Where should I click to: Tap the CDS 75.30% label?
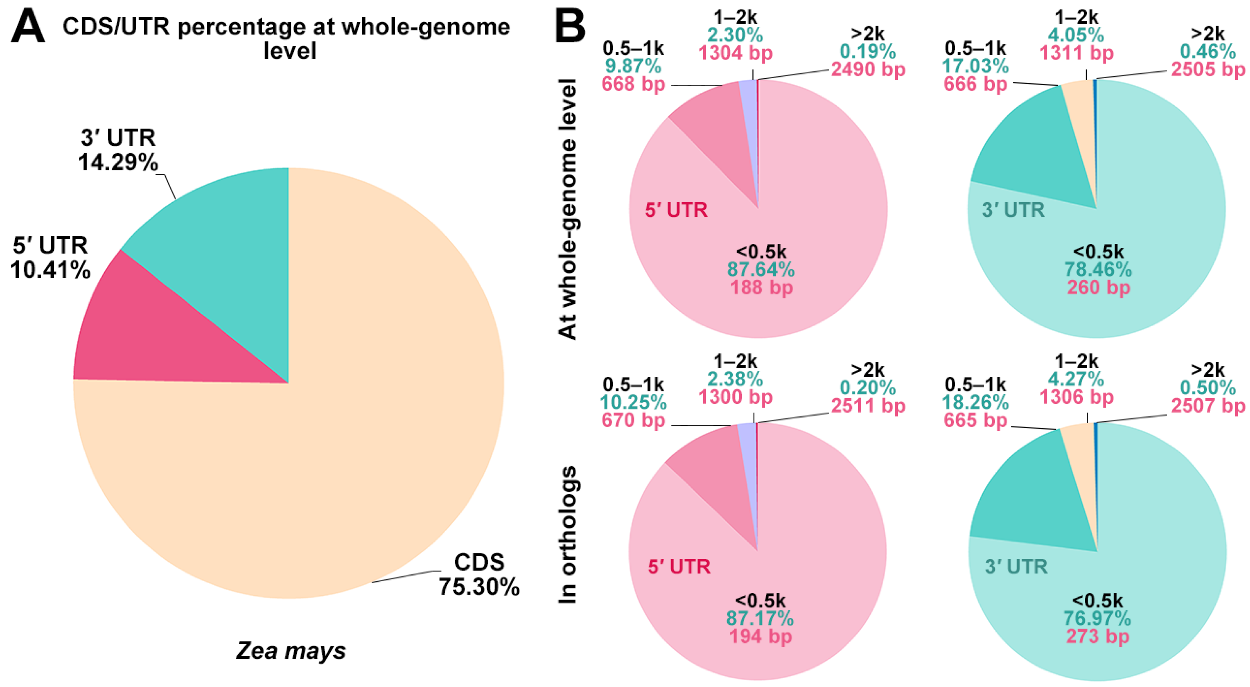[x=479, y=575]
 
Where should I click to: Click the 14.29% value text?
[x=118, y=162]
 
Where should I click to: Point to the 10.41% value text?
[x=50, y=270]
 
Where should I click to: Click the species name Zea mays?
[x=291, y=651]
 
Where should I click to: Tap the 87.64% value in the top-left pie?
[x=761, y=269]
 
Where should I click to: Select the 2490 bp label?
[x=868, y=69]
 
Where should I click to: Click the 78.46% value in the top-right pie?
[x=1098, y=269]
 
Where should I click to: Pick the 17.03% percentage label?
[x=975, y=66]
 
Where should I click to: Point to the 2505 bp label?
[x=1208, y=69]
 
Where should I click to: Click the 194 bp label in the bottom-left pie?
[x=760, y=636]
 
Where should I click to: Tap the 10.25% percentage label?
[x=633, y=403]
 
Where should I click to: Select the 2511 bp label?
[x=868, y=405]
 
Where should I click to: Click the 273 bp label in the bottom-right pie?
[x=1098, y=636]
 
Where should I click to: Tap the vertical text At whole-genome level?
[x=567, y=209]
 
